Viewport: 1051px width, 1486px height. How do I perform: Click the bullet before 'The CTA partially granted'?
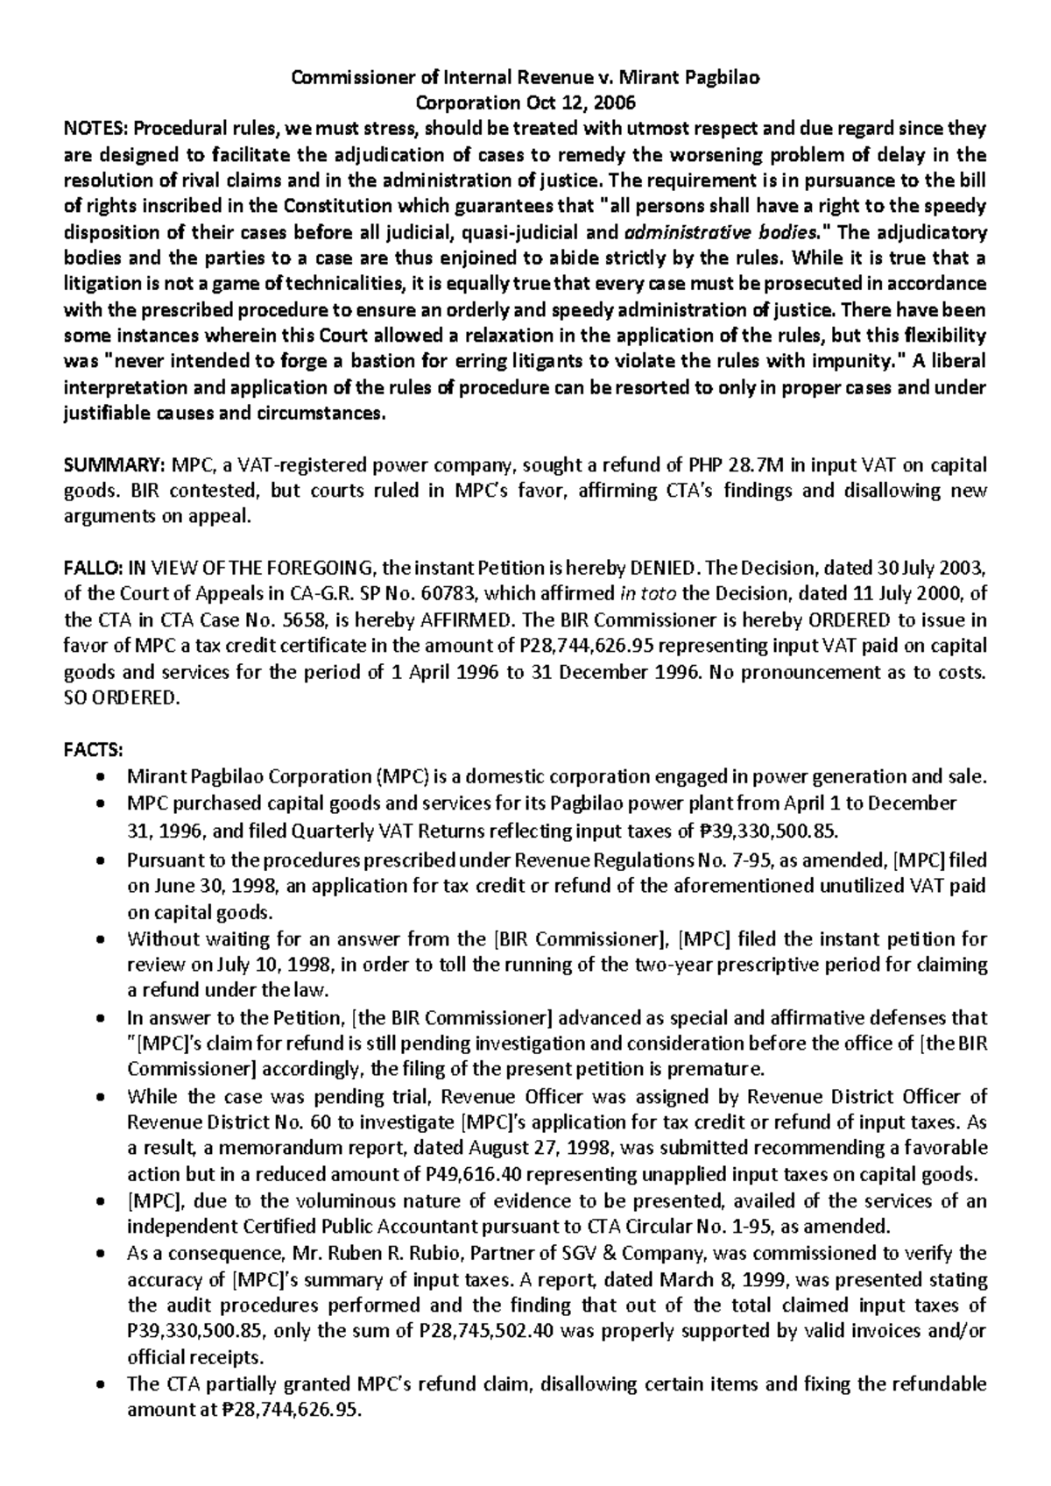(x=104, y=1384)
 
